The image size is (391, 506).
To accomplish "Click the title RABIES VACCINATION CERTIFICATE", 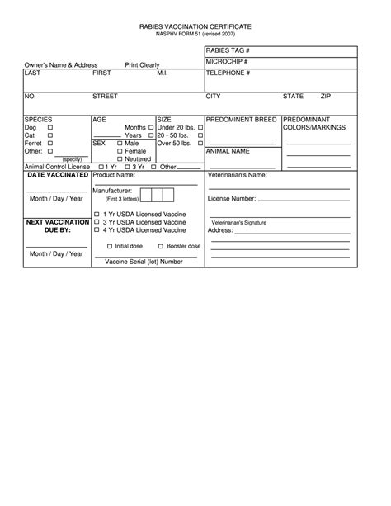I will pyautogui.click(x=195, y=27).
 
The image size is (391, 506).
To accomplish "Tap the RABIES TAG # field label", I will pyautogui.click(x=228, y=52).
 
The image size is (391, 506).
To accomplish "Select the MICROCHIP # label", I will pyautogui.click(x=227, y=62).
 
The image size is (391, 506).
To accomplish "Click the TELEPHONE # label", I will pyautogui.click(x=228, y=73).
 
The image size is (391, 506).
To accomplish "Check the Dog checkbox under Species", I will pyautogui.click(x=50, y=129).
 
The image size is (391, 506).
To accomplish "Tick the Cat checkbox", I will pyautogui.click(x=50, y=136).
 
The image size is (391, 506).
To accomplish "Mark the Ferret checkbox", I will pyautogui.click(x=50, y=144).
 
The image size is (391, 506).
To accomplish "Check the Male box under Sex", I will pyautogui.click(x=120, y=144).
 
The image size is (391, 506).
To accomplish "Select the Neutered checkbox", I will pyautogui.click(x=120, y=158).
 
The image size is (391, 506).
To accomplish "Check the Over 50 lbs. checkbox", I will pyautogui.click(x=200, y=144).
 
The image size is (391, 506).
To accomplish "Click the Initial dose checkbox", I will pyautogui.click(x=109, y=246).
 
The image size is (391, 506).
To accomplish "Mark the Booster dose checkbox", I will pyautogui.click(x=160, y=246).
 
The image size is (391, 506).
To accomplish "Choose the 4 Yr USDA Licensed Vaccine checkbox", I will pyautogui.click(x=97, y=230).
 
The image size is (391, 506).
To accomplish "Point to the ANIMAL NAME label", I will pyautogui.click(x=228, y=152).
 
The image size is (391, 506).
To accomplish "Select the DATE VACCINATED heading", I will pyautogui.click(x=58, y=175).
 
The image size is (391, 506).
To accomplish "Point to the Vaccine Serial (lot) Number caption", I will pyautogui.click(x=144, y=262).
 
